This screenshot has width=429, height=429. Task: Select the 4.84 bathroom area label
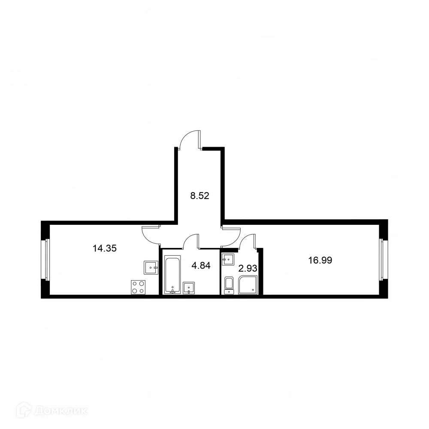click(201, 265)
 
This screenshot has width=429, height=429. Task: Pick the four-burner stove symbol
click(138, 287)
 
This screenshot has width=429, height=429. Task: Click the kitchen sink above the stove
click(151, 267)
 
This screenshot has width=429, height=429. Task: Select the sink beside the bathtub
click(189, 288)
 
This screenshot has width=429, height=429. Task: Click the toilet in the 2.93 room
click(229, 285)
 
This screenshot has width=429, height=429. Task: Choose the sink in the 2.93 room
click(228, 259)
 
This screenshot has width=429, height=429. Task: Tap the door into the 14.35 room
click(151, 234)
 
